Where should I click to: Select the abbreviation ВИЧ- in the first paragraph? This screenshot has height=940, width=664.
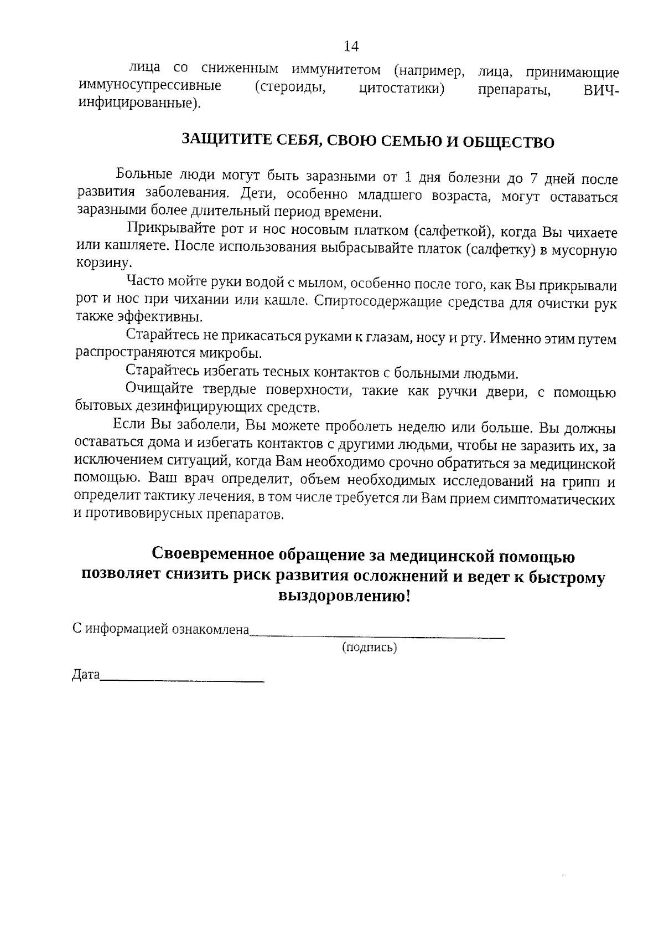coord(601,90)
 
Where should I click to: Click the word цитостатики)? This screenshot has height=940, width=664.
coord(402,89)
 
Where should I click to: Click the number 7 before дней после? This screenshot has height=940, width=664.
coord(535,178)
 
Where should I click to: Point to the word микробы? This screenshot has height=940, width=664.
coord(236,353)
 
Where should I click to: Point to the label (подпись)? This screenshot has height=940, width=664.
coord(369,647)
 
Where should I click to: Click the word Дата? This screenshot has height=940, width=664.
coord(86,675)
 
